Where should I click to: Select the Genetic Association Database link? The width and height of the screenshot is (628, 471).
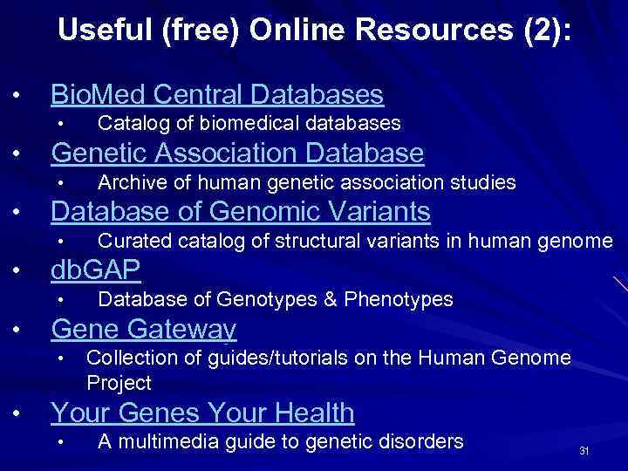point(237,154)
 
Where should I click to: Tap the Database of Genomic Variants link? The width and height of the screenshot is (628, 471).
point(240,211)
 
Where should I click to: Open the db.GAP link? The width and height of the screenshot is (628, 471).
point(95,270)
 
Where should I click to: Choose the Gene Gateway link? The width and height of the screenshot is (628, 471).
point(144,329)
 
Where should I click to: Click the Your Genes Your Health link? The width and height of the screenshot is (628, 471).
point(202,413)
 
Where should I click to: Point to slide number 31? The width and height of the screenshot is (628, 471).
point(584,451)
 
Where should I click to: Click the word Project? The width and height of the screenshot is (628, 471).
point(119,383)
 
